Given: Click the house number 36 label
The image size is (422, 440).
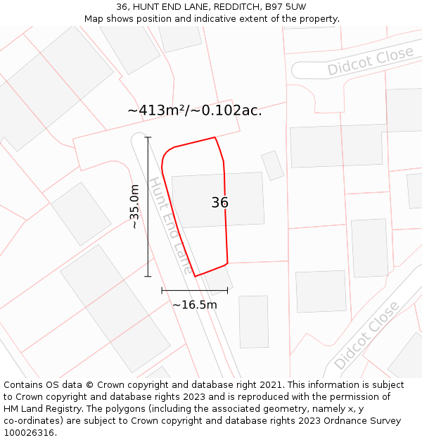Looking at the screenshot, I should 219,203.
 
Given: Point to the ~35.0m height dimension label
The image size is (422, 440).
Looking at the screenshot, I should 134,206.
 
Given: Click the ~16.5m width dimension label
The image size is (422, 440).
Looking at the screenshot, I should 195,305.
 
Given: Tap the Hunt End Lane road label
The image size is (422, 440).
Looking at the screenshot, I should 169,225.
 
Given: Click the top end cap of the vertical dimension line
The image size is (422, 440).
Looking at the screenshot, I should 148,137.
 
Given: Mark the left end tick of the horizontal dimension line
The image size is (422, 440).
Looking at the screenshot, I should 162,289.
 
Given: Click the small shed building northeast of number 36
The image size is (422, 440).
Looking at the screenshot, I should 272,165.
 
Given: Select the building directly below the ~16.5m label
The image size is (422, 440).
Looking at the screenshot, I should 253,322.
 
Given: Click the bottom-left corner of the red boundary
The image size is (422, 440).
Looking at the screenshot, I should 195,276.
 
